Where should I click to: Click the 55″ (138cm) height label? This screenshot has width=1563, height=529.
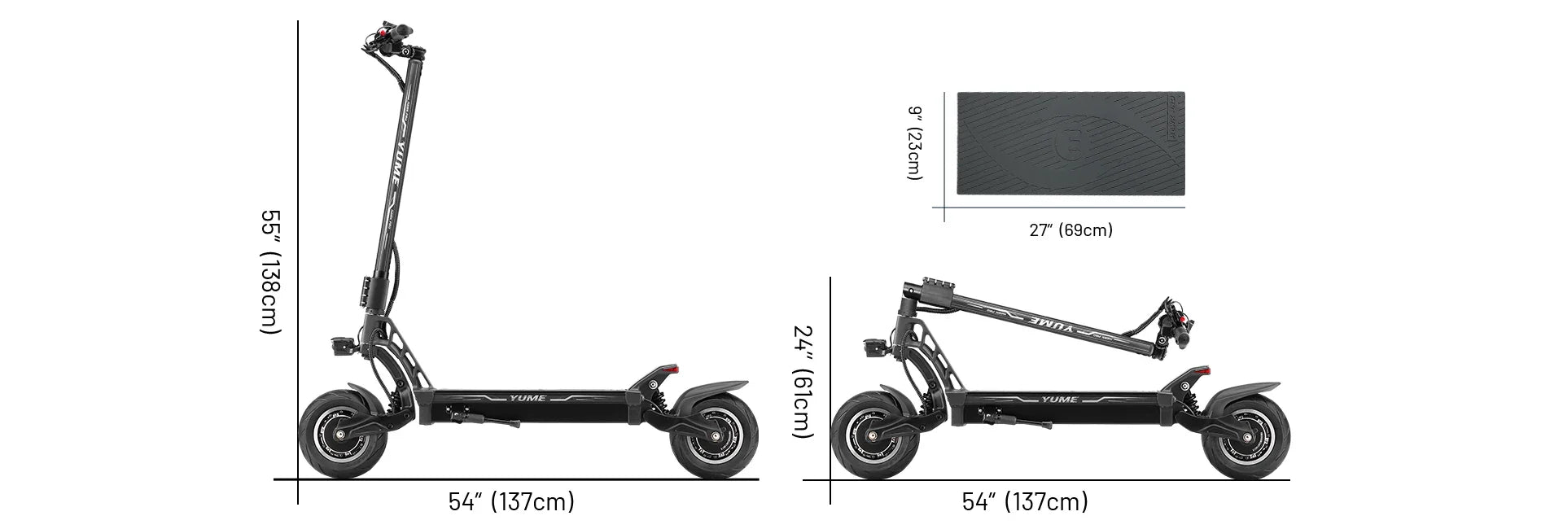270,272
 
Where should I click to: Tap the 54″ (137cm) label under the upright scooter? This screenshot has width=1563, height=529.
511,501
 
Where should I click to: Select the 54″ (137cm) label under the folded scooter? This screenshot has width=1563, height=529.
1025,501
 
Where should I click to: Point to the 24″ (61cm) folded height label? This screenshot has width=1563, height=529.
803,381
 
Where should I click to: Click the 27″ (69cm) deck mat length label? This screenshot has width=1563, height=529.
1070,230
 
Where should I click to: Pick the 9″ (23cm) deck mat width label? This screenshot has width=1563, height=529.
915,143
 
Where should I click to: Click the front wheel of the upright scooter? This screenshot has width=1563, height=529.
334,435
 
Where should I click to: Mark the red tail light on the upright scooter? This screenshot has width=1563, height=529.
671,370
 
